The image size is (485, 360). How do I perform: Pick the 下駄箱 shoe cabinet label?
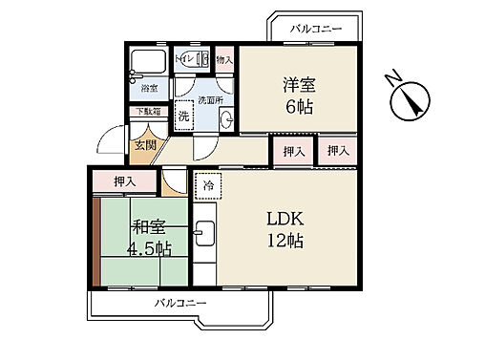coord(146,111)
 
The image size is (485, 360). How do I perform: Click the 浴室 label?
coord(149,90)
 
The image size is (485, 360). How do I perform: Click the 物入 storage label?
coord(224,59)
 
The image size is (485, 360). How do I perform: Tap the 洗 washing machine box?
coord(184,118)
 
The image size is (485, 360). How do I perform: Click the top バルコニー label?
coord(316,30)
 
